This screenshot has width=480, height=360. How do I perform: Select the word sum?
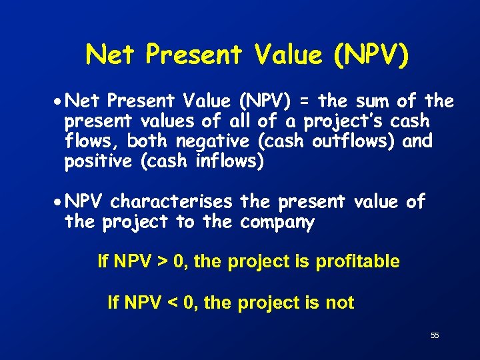coord(370,102)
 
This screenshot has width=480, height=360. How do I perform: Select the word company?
coord(277,221)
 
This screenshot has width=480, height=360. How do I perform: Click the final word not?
coord(339,303)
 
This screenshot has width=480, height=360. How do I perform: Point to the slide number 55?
coord(435,336)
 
